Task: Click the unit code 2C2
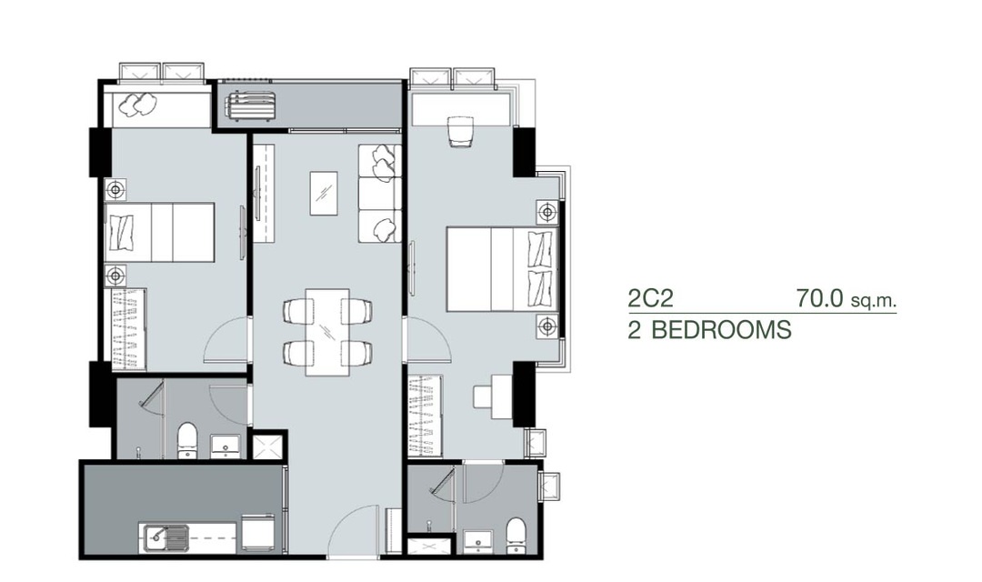651,298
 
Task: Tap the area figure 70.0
820,298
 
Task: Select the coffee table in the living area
323,194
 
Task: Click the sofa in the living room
379,193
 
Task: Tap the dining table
327,332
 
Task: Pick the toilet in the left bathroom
187,441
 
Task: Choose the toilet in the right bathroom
516,536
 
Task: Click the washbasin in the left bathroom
225,447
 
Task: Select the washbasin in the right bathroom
478,541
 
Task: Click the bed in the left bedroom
160,232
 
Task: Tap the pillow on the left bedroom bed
122,233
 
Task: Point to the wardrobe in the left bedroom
129,329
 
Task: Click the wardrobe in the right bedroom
426,416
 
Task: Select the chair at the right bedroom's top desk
460,132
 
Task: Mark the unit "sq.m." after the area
874,301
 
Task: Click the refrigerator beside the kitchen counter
258,532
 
